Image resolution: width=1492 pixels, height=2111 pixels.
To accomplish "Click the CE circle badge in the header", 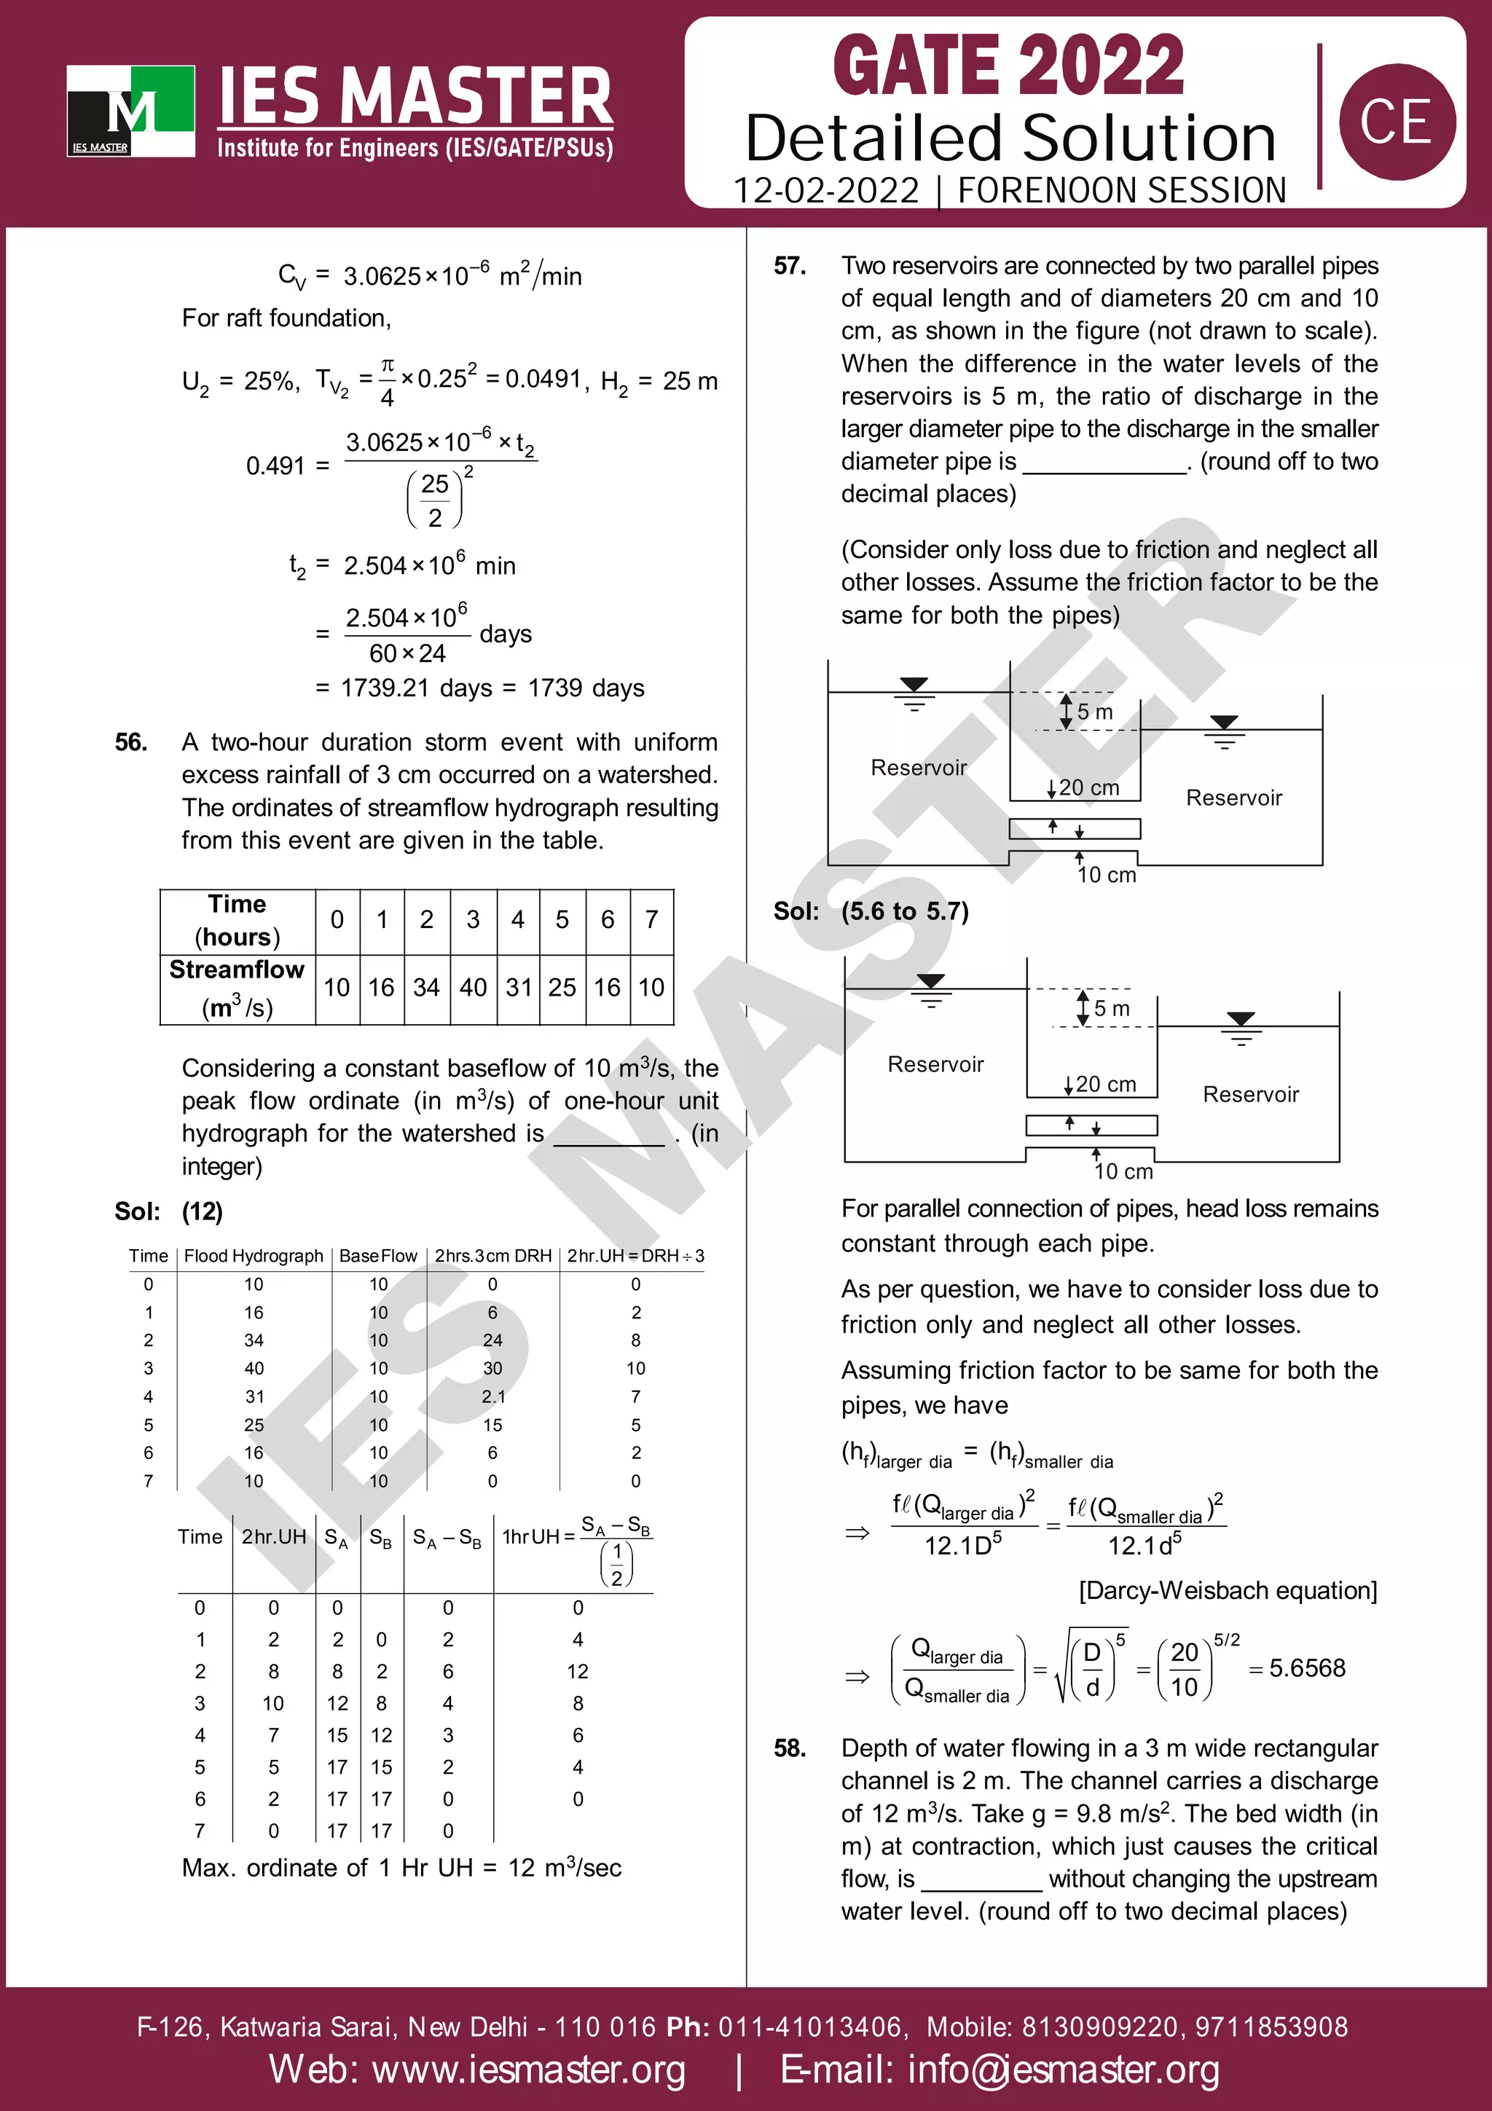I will point(1397,122).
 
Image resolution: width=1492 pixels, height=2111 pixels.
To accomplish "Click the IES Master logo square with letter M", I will point(130,110).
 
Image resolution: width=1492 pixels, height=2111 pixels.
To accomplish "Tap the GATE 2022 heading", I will point(1008,66).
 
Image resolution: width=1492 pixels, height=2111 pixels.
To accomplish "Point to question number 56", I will point(130,742).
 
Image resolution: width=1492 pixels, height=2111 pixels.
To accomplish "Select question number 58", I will point(790,1748).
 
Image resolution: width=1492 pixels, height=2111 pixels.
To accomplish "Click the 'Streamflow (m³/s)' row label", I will point(237,988).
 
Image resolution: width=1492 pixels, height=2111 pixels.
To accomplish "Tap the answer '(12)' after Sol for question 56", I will point(203,1211).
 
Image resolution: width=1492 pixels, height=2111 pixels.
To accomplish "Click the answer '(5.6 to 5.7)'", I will point(905,911).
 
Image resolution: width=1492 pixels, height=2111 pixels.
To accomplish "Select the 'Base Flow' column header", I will point(378,1256).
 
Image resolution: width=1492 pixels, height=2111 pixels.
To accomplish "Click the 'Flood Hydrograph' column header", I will point(254,1256).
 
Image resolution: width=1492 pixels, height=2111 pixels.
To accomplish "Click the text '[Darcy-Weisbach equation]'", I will point(1228,1589).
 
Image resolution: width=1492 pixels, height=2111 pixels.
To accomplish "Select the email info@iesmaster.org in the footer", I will point(1064,2069).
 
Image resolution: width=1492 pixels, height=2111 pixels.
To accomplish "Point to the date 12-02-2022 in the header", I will point(825,190).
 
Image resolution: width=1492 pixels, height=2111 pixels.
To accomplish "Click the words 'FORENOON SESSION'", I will point(1121,190).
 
